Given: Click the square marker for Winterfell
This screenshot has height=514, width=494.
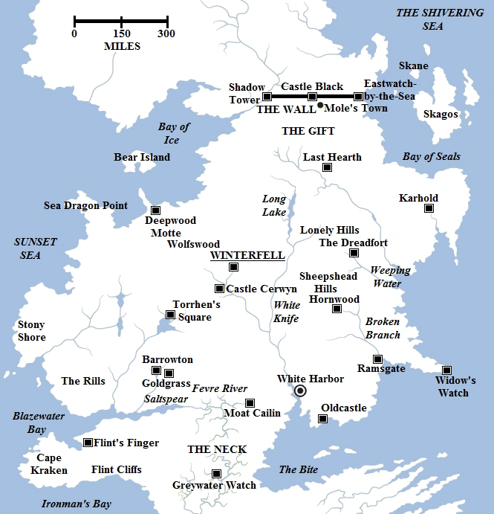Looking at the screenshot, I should [234, 267].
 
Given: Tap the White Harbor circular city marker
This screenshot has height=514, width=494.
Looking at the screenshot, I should [300, 391].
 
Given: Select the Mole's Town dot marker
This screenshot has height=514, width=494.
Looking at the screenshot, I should [320, 106].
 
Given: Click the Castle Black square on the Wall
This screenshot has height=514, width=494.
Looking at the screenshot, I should [312, 97].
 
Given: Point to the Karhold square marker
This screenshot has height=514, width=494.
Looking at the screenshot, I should [429, 208].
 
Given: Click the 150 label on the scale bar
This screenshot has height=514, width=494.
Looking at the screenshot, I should [121, 33].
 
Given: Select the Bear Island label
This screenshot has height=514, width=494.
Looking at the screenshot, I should [142, 157].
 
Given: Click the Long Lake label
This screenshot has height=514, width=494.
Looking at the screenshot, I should [274, 205].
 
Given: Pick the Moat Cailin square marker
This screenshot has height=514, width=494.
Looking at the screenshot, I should [250, 402].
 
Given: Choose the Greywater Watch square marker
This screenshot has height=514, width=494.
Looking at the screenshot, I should [216, 474].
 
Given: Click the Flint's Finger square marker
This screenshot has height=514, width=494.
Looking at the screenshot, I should [88, 443].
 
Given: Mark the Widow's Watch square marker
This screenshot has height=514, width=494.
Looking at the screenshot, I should [446, 370].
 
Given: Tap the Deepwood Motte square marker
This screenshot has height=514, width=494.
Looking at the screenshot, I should [155, 210].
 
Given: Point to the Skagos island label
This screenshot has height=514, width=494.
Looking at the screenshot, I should [440, 115].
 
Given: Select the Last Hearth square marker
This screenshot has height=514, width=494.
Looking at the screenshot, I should [327, 167].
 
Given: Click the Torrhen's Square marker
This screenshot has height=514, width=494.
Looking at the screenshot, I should [170, 315].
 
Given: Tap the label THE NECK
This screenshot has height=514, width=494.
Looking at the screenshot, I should [217, 449].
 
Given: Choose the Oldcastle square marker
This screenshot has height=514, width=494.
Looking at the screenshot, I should [322, 419].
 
